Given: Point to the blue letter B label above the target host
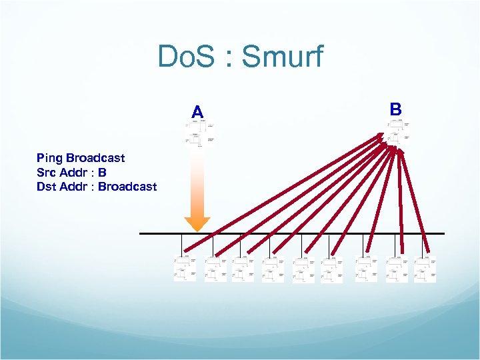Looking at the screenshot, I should (x=395, y=108).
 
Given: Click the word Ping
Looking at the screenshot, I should (x=49, y=158).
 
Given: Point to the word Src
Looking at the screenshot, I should (x=47, y=172).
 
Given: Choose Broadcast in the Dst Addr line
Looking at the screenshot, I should (x=127, y=186).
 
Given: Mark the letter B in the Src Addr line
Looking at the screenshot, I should (x=103, y=172).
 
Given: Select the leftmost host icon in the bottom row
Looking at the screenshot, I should (x=185, y=269).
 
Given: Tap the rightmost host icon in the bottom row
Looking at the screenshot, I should (x=425, y=269).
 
